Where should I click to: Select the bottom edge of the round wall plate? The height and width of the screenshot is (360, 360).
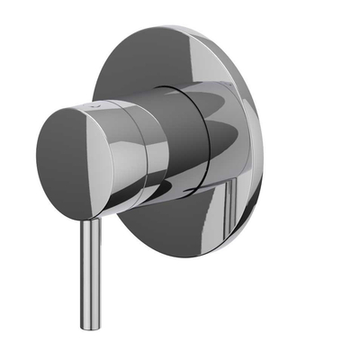pos(180,258)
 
